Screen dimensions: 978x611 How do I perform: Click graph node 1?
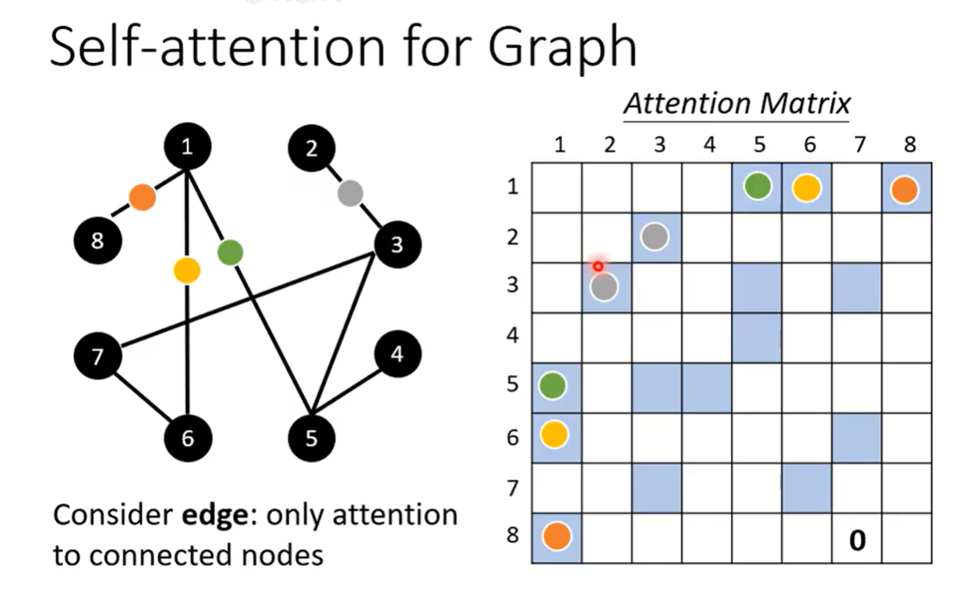coord(188,147)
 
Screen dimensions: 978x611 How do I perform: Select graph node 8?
coord(98,240)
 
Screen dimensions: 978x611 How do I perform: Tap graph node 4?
coord(397,354)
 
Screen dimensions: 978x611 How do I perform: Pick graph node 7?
coord(98,357)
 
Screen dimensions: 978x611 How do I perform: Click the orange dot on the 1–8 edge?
coord(142,198)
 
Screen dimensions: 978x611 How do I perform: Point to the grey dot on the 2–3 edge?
coord(350,193)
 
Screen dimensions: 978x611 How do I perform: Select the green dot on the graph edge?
coord(231,253)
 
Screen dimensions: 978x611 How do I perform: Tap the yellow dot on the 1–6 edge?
coord(187,271)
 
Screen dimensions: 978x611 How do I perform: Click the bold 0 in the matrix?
coord(857,540)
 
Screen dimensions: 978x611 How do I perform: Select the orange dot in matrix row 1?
coord(905,190)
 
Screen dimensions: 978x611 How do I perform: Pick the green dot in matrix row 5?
coord(552,385)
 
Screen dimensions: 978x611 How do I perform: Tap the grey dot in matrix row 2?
coord(655,237)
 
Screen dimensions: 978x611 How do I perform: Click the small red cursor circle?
coord(598,267)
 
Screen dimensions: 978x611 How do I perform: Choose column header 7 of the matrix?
coord(860,145)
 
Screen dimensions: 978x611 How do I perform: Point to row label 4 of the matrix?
coord(513,335)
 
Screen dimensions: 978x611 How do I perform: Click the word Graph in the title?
coord(562,47)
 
